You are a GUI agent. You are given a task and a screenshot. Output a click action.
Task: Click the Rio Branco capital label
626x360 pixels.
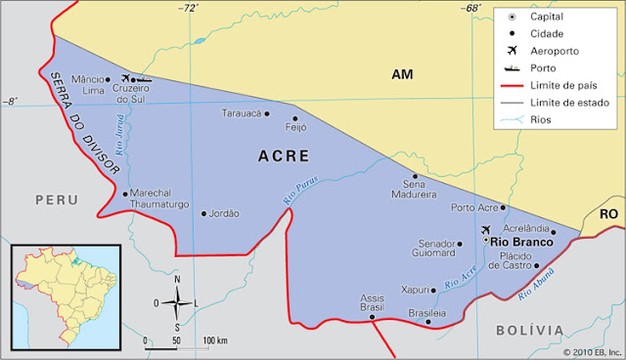(x=521, y=241)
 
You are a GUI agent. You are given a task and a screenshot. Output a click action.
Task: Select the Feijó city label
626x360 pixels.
(x=295, y=127)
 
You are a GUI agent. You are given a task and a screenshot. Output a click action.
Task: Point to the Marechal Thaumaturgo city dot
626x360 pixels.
(x=125, y=193)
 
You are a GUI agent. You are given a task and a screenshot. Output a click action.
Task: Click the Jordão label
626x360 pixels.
(x=224, y=212)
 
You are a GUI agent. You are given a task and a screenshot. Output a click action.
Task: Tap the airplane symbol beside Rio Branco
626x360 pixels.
(x=486, y=230)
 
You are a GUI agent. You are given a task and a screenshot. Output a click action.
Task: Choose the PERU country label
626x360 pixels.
(x=57, y=200)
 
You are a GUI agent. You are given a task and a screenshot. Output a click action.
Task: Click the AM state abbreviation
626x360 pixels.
(x=403, y=74)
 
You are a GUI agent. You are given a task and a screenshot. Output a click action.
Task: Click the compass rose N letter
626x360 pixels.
(x=177, y=280)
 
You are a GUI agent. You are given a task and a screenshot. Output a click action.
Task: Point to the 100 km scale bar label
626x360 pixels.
(x=215, y=340)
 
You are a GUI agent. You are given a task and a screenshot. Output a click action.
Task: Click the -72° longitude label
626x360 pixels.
(x=187, y=8)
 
